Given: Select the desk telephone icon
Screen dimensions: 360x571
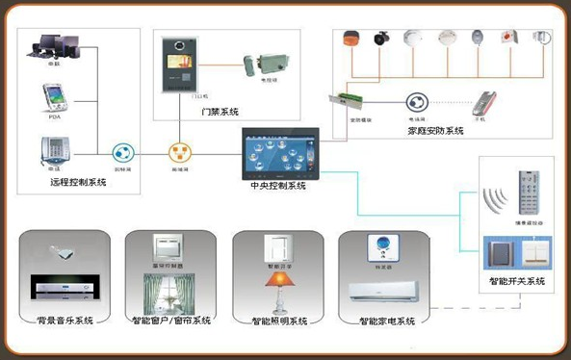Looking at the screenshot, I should click(x=53, y=150).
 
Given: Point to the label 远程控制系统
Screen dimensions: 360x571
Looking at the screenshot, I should click(x=81, y=181).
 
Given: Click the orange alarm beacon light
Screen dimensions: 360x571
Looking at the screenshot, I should click(x=351, y=39).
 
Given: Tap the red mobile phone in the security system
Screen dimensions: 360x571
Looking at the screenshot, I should click(x=486, y=103).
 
